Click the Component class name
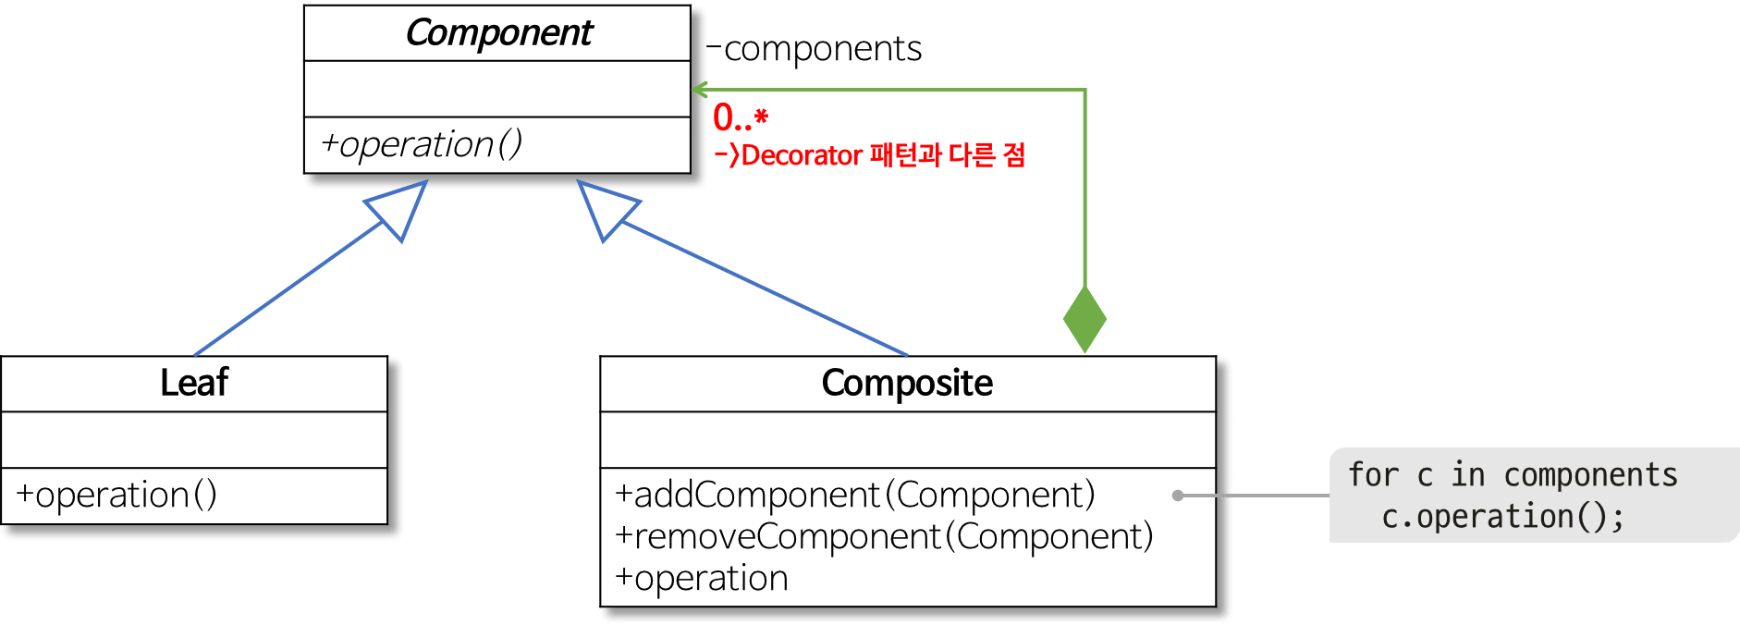pos(498,33)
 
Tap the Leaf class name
pos(194,383)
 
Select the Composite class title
pos(907,383)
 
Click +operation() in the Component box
pos(422,144)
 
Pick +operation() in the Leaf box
pos(116,496)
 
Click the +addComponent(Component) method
pos(855,495)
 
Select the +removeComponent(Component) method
pos(884,536)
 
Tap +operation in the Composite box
pos(702,579)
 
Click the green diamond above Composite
pos(1084,319)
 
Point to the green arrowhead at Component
pos(700,90)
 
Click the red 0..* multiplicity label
pos(741,117)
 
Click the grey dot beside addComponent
pos(1178,496)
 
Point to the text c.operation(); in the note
pos(1502,517)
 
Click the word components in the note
pos(1590,475)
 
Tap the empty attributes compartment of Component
pos(497,89)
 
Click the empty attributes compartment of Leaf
pos(194,440)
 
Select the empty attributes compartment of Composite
pos(907,440)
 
